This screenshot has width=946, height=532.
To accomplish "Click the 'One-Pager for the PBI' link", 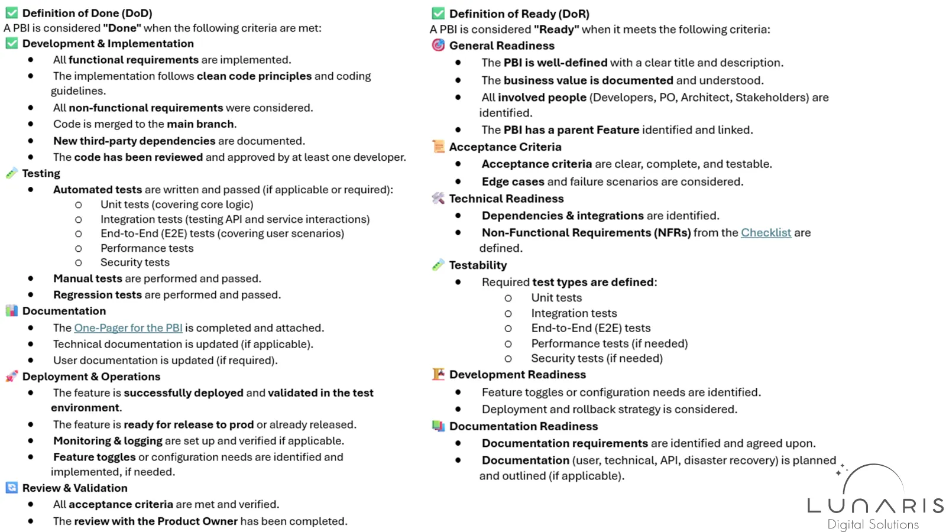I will point(128,328).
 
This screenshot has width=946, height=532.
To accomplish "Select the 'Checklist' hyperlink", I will point(766,233).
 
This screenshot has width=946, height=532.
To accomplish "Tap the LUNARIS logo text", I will point(875,505).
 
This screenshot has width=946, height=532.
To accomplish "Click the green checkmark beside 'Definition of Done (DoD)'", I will point(12,12).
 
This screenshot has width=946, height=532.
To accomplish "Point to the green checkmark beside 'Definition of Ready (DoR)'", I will point(438,13).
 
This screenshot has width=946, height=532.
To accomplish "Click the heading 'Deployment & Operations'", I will point(91,377).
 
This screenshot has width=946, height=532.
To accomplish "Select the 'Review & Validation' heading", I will point(74,488).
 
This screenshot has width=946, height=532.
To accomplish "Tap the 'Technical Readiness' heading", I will point(506,199).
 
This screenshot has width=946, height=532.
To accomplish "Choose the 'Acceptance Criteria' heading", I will point(505,147).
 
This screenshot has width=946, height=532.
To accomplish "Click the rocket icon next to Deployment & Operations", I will point(11,377).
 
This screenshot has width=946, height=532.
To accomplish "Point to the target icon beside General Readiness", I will point(438,45).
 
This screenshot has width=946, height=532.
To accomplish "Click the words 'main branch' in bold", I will point(200,124).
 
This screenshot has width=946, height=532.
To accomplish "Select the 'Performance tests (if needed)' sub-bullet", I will point(609,343).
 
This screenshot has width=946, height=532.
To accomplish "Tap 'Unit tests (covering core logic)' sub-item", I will point(177,205).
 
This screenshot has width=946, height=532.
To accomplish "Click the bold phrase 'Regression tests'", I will point(98,295).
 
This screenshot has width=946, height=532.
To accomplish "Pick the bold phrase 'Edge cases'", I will point(513,181).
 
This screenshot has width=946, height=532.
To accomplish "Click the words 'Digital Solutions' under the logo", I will point(873,524).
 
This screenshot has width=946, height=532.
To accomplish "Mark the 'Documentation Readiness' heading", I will point(523,426).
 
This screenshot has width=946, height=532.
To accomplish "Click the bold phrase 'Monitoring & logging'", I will point(108,441).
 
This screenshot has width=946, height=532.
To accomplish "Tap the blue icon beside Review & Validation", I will point(11,488).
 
